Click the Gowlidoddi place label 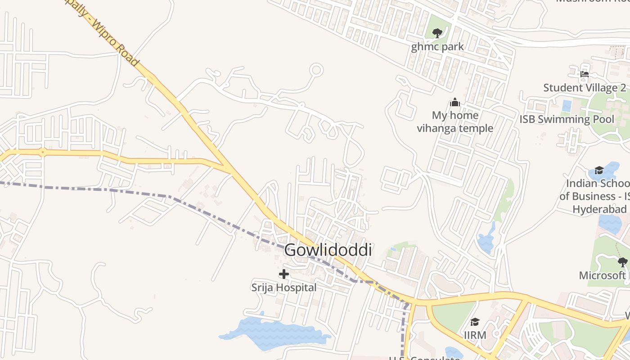click(x=328, y=250)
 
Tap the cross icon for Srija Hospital click(x=284, y=274)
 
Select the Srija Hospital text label click(x=284, y=287)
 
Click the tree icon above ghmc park click(x=437, y=32)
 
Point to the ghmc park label click(x=437, y=46)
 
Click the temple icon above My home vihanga click(x=455, y=103)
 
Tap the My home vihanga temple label click(x=455, y=122)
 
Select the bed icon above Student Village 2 click(x=585, y=74)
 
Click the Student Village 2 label click(x=585, y=88)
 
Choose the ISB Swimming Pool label click(x=567, y=119)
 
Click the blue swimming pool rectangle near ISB click(x=567, y=106)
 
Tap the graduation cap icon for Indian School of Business click(x=599, y=170)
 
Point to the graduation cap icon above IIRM click(x=475, y=322)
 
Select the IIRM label click(x=475, y=335)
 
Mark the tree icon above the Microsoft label click(x=622, y=262)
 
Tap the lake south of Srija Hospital click(x=274, y=334)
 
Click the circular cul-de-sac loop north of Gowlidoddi click(x=317, y=70)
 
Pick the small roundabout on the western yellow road click(x=42, y=152)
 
